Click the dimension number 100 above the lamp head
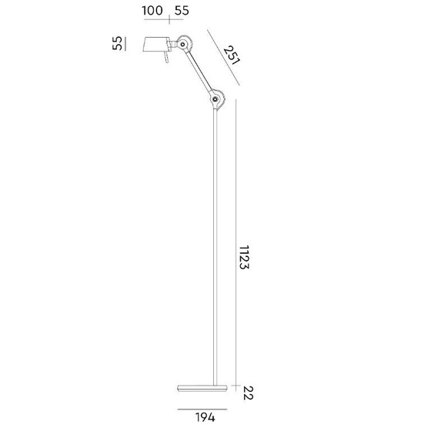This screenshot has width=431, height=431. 152,11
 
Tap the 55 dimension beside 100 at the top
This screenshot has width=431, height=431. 182,11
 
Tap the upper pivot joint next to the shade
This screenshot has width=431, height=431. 184,43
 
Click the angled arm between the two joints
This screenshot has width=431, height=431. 200,71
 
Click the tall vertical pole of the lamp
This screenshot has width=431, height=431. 216,246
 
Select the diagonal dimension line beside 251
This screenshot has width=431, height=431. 224,60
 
